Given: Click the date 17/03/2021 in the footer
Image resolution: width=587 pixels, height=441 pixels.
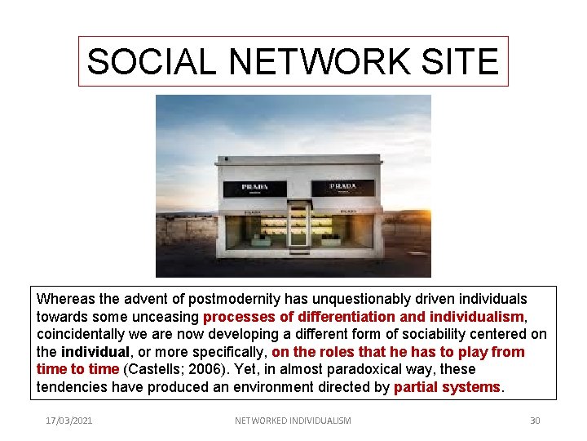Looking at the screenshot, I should [69, 421].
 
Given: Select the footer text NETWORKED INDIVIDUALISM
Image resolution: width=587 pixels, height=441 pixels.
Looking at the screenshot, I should [293, 421].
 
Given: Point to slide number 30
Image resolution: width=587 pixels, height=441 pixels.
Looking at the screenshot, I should [535, 421].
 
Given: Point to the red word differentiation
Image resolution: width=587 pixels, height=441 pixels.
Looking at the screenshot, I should [345, 317].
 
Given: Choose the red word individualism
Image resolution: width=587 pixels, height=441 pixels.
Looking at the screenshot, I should [479, 317].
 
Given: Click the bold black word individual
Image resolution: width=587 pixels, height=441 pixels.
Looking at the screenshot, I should [95, 352].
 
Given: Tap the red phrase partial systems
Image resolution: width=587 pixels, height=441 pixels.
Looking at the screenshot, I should [447, 387].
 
